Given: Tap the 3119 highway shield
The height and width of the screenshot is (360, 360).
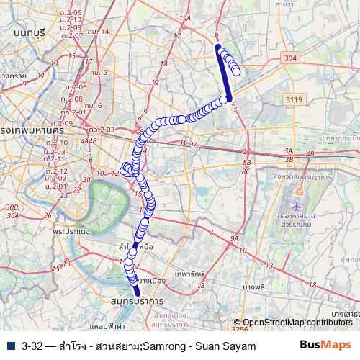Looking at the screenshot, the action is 293,99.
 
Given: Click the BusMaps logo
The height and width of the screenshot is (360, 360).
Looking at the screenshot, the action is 325,346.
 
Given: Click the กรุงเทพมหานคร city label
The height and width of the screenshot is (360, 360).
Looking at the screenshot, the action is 29,131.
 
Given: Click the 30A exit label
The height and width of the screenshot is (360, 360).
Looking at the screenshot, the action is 11,207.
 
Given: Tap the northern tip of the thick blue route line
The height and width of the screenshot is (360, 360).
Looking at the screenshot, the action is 217,47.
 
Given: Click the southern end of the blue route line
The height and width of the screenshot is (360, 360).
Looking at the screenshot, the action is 138,292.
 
